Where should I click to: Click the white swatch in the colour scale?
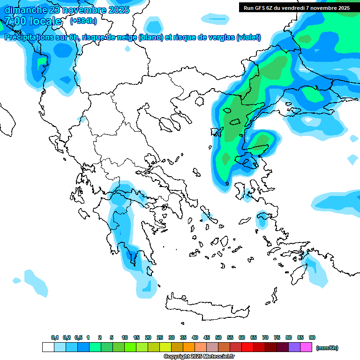click(x=48, y=347)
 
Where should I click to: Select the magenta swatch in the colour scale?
click(x=306, y=347)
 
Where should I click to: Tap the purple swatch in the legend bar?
click(x=294, y=347)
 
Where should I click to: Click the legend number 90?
click(x=312, y=337)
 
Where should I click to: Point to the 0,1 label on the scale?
click(x=55, y=337)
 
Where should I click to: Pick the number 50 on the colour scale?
click(x=218, y=337)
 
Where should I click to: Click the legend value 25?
click(x=160, y=337)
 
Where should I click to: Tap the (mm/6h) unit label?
click(x=327, y=348)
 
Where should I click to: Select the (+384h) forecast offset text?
click(x=83, y=21)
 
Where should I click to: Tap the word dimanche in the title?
click(x=26, y=10)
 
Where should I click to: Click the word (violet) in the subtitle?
click(x=248, y=37)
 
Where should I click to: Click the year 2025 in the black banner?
click(x=341, y=8)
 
